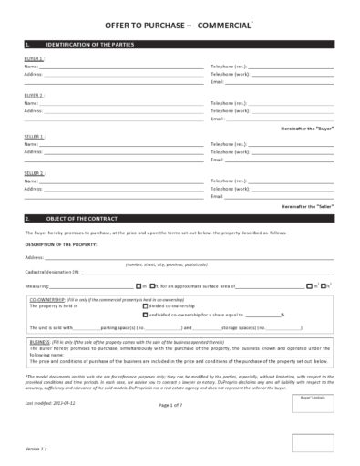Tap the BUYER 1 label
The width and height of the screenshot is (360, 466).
coord(34,58)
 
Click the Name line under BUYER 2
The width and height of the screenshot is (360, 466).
coord(109,104)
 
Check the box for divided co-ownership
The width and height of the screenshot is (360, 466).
coord(147,307)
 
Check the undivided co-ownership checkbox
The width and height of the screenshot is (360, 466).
coord(147,315)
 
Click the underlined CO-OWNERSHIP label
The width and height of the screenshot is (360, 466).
coord(46,299)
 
